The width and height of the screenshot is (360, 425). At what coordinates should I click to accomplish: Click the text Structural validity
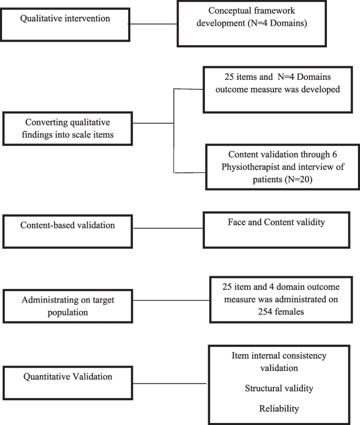(x=279, y=389)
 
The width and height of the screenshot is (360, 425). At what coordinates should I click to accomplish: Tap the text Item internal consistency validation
(x=279, y=362)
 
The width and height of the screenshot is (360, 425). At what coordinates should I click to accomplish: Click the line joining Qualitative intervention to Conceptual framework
(x=152, y=24)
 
